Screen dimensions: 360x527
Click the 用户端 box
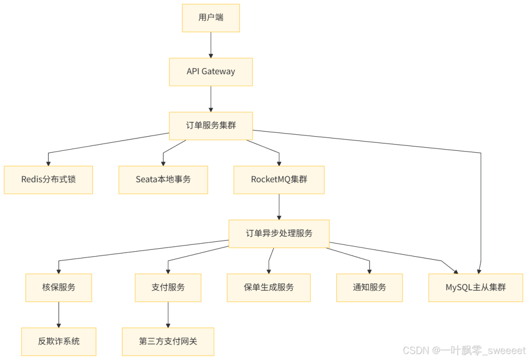click(211, 18)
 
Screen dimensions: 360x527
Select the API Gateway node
click(211, 72)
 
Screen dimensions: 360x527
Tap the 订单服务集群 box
click(211, 126)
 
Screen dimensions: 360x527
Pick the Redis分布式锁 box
click(48, 180)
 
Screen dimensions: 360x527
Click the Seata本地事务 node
click(163, 180)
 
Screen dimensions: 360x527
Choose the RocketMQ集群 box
click(279, 180)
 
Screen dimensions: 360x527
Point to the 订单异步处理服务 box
click(279, 233)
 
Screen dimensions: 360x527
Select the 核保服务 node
click(59, 287)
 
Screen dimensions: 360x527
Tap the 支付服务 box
click(168, 287)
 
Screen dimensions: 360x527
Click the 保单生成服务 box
click(269, 287)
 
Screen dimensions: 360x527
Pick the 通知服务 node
click(369, 287)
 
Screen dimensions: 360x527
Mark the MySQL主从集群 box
click(476, 287)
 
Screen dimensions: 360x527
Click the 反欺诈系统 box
click(59, 341)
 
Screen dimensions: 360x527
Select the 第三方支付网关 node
click(168, 341)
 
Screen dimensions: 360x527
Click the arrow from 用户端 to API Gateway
click(211, 44)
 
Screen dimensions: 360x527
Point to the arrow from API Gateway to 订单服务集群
click(211, 99)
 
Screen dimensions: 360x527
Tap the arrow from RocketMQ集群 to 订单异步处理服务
click(279, 206)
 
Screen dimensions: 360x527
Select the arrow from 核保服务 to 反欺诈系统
click(59, 314)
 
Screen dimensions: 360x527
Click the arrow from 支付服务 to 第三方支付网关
click(168, 314)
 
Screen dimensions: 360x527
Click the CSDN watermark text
click(464, 350)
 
